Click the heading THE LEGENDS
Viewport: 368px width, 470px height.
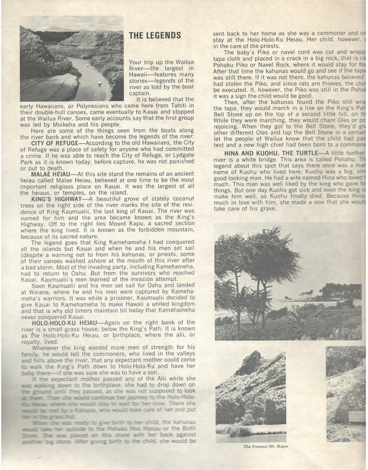[x=155, y=35]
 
